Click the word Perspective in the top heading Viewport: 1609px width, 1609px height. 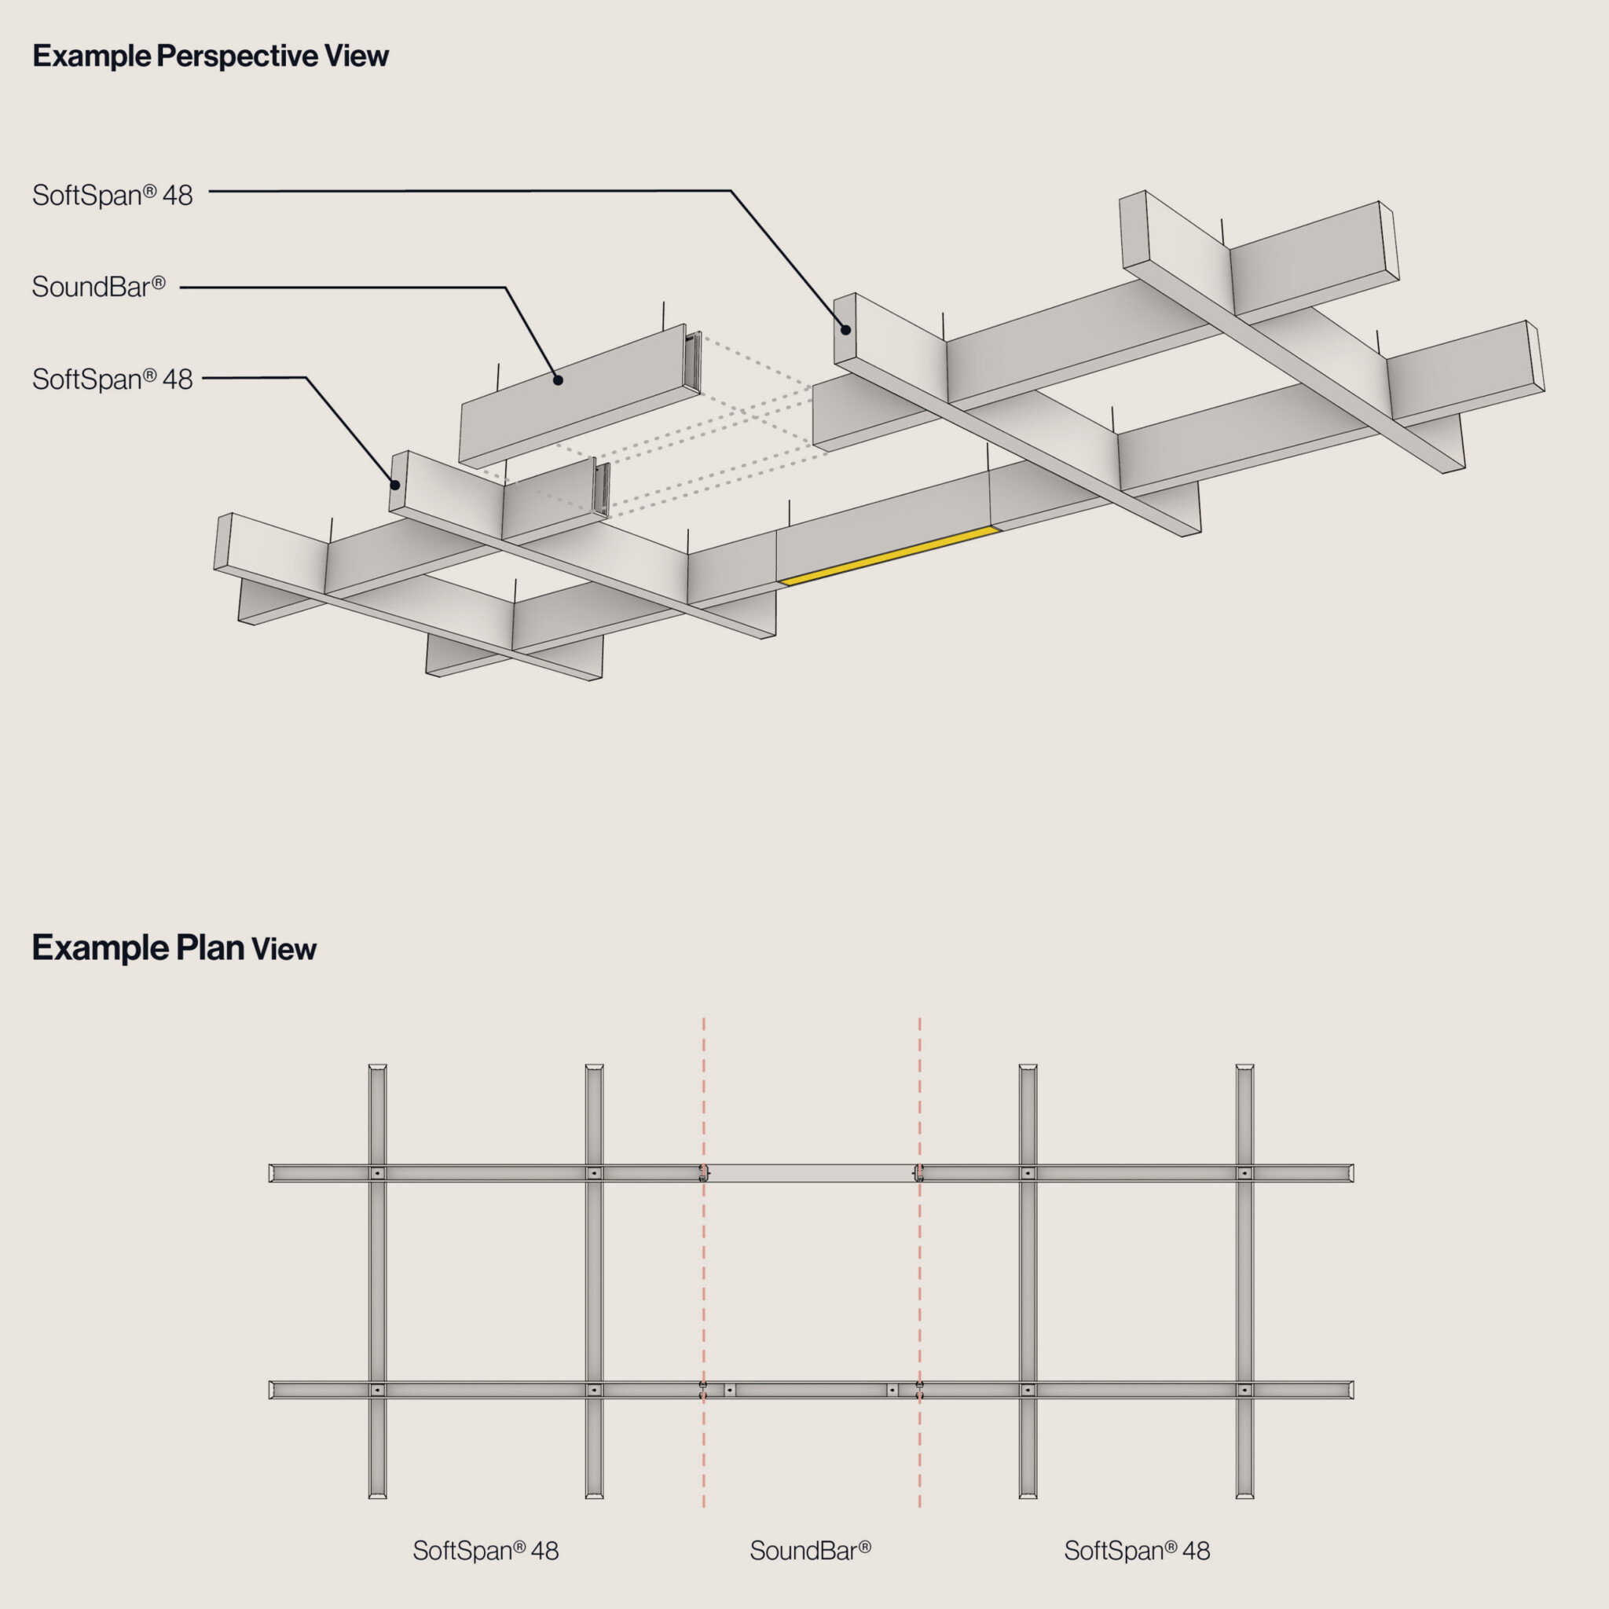point(237,57)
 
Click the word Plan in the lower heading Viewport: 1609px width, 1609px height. point(210,947)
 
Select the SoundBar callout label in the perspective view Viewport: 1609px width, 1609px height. point(98,288)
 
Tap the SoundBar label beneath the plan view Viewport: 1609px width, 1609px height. point(809,1551)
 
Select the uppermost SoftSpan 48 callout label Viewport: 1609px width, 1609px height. point(112,196)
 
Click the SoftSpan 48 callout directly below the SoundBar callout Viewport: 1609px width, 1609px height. point(112,379)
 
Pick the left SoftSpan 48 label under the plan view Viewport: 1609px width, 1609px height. point(486,1551)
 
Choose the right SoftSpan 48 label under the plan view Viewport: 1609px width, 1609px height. point(1137,1551)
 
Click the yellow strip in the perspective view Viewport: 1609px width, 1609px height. point(889,555)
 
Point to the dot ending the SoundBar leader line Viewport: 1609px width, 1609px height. point(558,380)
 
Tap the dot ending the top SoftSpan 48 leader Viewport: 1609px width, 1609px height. point(845,330)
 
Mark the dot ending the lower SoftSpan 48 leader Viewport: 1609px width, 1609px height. point(396,485)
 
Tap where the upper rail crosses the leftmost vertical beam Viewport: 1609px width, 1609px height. point(377,1174)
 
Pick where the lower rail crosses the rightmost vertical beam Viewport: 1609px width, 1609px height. point(1244,1390)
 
